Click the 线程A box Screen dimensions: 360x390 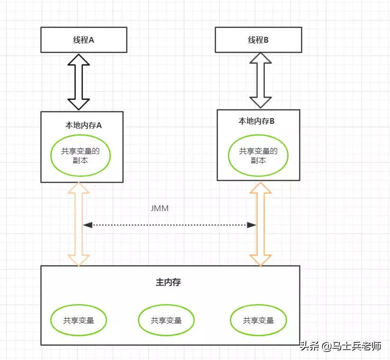click(x=83, y=39)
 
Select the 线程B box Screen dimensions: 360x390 click(x=258, y=39)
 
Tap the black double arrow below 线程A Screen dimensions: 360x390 click(x=79, y=82)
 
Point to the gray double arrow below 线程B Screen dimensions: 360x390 click(x=261, y=80)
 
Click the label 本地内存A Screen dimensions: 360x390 click(x=83, y=126)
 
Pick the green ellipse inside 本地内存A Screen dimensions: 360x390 click(x=81, y=156)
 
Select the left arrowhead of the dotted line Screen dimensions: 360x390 click(x=87, y=225)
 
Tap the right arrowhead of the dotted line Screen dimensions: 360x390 click(x=252, y=225)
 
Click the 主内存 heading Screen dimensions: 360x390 click(x=168, y=282)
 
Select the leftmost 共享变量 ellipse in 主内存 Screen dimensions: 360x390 click(x=79, y=320)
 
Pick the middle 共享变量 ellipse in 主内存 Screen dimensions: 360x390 click(x=166, y=320)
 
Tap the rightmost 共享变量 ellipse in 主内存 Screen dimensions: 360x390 click(x=258, y=320)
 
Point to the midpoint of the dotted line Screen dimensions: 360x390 click(x=170, y=225)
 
